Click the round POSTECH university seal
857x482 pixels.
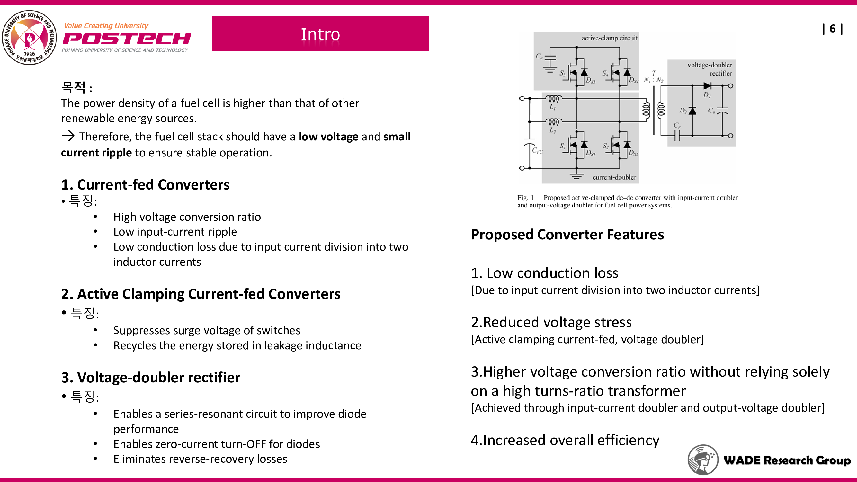coord(29,37)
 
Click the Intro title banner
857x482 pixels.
coord(320,34)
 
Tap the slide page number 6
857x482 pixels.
coord(832,29)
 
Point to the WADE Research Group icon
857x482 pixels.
coord(702,460)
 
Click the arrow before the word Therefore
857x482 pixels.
coord(68,136)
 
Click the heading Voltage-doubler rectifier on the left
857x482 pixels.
coord(151,378)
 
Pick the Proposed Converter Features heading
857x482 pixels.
coord(567,235)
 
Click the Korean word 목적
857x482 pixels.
coord(74,87)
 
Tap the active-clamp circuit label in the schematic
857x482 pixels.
coord(610,38)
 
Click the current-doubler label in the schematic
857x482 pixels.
coord(614,177)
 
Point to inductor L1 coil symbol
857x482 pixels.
coord(554,99)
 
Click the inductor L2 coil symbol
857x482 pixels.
coord(554,121)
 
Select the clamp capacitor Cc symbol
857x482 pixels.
coord(549,60)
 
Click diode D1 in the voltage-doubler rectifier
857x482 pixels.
coord(707,86)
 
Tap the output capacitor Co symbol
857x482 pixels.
coord(722,111)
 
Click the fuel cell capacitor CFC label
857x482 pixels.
coord(537,150)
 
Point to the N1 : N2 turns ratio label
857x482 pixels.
coord(653,80)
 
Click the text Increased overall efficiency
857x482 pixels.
coord(565,440)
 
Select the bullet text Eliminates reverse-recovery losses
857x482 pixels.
coord(200,459)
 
